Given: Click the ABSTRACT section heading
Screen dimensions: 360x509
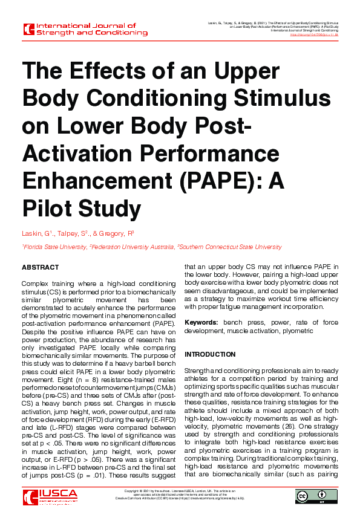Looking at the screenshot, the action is click(40, 267).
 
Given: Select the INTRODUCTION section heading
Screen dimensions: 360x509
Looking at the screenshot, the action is click(210, 354).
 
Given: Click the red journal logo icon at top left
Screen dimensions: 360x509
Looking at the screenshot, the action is click(28, 29).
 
